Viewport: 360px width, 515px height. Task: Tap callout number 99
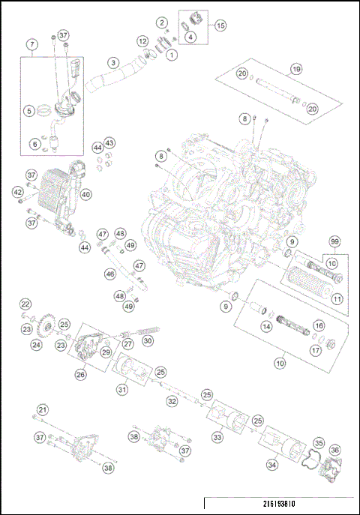pyautogui.click(x=334, y=241)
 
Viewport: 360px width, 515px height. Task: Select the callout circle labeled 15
pyautogui.click(x=220, y=25)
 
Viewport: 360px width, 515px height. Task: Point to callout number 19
pyautogui.click(x=296, y=69)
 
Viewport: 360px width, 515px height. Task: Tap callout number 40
pyautogui.click(x=86, y=194)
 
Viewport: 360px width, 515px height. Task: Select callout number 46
pyautogui.click(x=109, y=275)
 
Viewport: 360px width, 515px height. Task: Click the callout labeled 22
pyautogui.click(x=25, y=304)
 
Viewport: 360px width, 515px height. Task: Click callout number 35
pyautogui.click(x=318, y=443)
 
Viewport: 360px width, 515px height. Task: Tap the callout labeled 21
pyautogui.click(x=43, y=409)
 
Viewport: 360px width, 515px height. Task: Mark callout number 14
pyautogui.click(x=265, y=327)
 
